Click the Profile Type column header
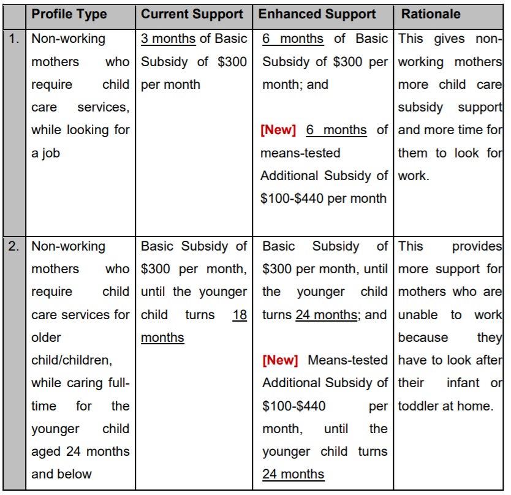click(69, 13)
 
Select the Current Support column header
click(192, 13)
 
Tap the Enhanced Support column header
click(317, 13)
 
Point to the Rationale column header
click(431, 13)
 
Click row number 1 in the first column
click(15, 39)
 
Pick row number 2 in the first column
click(15, 247)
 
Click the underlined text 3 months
click(168, 39)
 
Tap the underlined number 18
click(240, 315)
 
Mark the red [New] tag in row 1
click(278, 130)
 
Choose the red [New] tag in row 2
click(280, 360)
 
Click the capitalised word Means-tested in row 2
click(348, 360)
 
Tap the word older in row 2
click(47, 338)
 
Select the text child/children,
click(70, 360)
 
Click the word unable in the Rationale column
click(418, 315)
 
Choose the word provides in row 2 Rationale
click(477, 247)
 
